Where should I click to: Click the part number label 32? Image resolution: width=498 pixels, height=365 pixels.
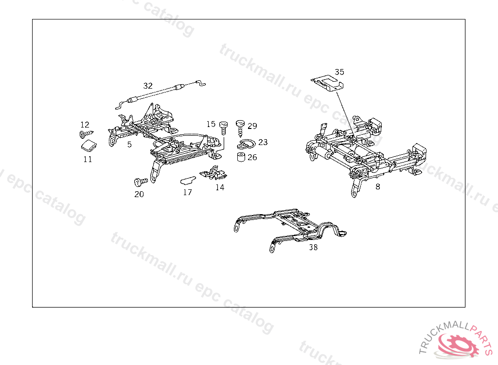(x=148, y=86)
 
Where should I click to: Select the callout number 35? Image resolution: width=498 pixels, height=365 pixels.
(x=339, y=72)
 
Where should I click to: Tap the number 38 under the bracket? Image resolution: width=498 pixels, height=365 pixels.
(x=313, y=247)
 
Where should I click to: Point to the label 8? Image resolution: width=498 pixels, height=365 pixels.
(x=378, y=186)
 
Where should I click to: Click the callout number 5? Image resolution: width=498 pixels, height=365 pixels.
(x=129, y=145)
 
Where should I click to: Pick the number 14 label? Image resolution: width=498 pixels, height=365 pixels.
(x=220, y=187)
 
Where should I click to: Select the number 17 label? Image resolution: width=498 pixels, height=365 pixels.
(x=187, y=192)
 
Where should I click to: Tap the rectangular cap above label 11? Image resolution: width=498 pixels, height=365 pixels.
(x=88, y=145)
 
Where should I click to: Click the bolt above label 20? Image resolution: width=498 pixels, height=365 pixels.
(x=141, y=182)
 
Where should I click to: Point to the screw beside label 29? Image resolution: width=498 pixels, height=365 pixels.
(x=240, y=127)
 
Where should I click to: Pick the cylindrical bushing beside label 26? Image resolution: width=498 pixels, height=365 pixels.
(x=240, y=158)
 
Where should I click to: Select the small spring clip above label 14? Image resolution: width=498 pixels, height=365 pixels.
(x=214, y=173)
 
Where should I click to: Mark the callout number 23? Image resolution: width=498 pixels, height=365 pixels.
(x=263, y=143)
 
